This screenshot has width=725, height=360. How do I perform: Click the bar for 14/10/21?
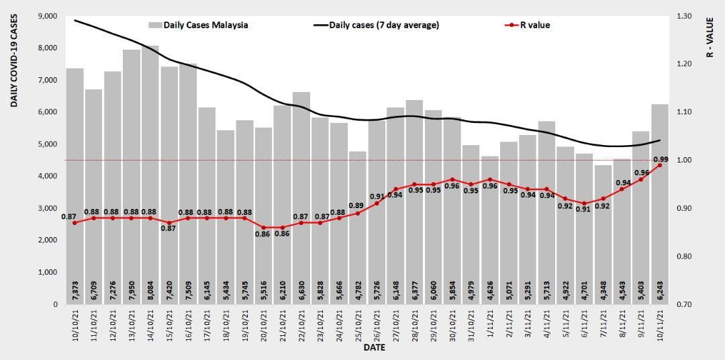[x=150, y=175]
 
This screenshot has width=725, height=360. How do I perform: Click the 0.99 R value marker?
[x=660, y=165]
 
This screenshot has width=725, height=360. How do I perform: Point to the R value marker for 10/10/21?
[x=75, y=222]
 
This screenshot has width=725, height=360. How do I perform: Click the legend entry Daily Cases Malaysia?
[x=198, y=26]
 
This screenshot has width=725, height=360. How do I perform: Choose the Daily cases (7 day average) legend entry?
[x=376, y=26]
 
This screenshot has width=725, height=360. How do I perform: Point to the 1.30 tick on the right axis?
[x=686, y=16]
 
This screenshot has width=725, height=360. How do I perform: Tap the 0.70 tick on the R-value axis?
[x=686, y=305]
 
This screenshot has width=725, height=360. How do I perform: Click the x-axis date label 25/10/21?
[x=358, y=325]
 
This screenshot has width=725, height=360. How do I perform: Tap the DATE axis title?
[x=374, y=349]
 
